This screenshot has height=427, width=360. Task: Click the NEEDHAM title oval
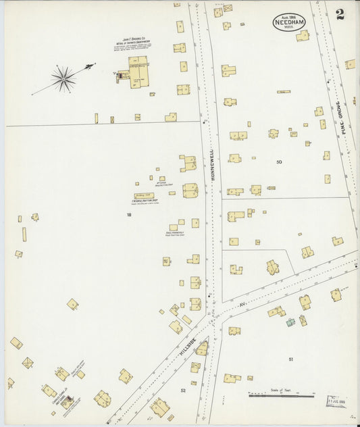(x=289, y=22)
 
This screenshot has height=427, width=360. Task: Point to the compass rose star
(x=63, y=79)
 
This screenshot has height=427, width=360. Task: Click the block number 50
(x=279, y=162)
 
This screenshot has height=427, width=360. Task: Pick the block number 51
(x=291, y=359)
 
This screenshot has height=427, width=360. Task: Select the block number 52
(x=183, y=390)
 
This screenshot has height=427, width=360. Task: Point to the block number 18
(x=128, y=215)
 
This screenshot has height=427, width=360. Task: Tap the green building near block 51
(x=290, y=322)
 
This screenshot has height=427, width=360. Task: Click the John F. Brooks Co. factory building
(x=138, y=72)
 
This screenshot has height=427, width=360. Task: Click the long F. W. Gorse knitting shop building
(x=144, y=196)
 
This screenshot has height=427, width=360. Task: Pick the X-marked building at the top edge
(x=227, y=8)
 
